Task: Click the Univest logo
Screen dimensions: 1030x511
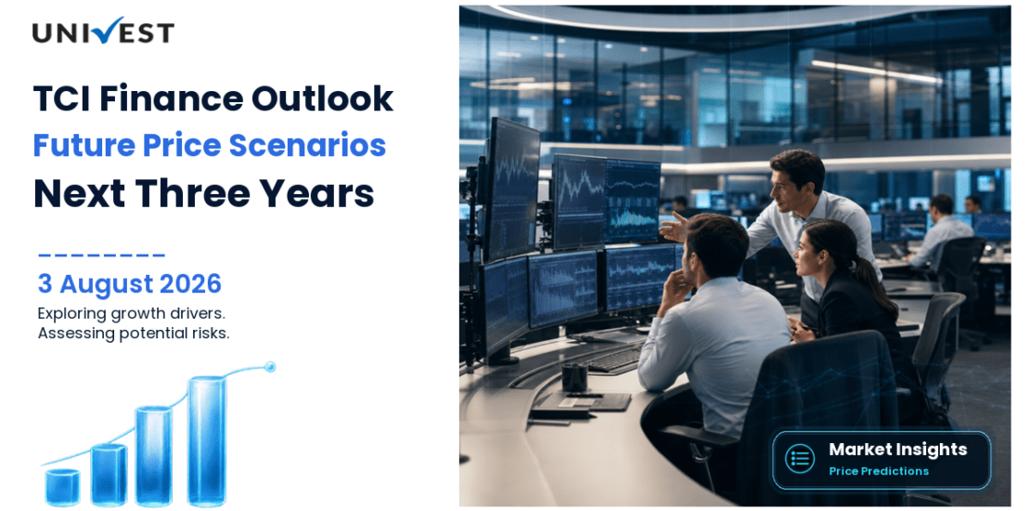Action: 103,31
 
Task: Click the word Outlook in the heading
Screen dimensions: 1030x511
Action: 322,98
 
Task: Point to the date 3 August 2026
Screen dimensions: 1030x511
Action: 129,284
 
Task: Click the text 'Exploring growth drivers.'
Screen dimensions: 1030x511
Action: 132,312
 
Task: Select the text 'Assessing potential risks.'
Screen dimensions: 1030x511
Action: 134,333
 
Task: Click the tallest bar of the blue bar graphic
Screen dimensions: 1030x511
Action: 207,440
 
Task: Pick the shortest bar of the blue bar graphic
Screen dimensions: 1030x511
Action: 62,488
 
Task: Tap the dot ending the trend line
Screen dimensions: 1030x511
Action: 269,366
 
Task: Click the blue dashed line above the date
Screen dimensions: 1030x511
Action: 101,255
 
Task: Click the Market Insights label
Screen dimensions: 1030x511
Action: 898,449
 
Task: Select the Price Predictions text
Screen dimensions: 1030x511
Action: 879,471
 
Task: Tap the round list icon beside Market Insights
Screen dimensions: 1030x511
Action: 800,458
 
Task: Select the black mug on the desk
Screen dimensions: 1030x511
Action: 574,377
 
